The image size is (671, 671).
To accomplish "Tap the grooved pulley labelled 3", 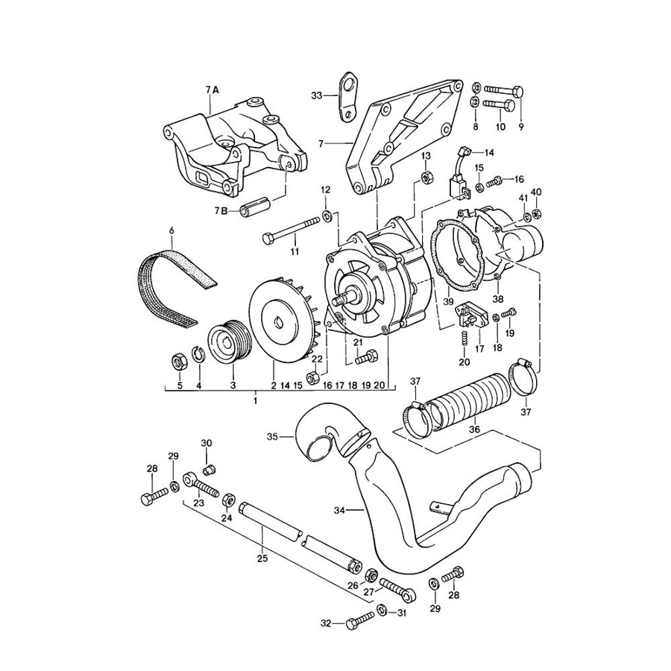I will (x=227, y=341).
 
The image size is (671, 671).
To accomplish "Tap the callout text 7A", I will (x=212, y=89).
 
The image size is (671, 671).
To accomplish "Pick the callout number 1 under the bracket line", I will (x=256, y=400).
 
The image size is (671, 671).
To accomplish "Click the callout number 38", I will (x=498, y=298).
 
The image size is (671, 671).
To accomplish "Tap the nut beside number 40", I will (x=536, y=215).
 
